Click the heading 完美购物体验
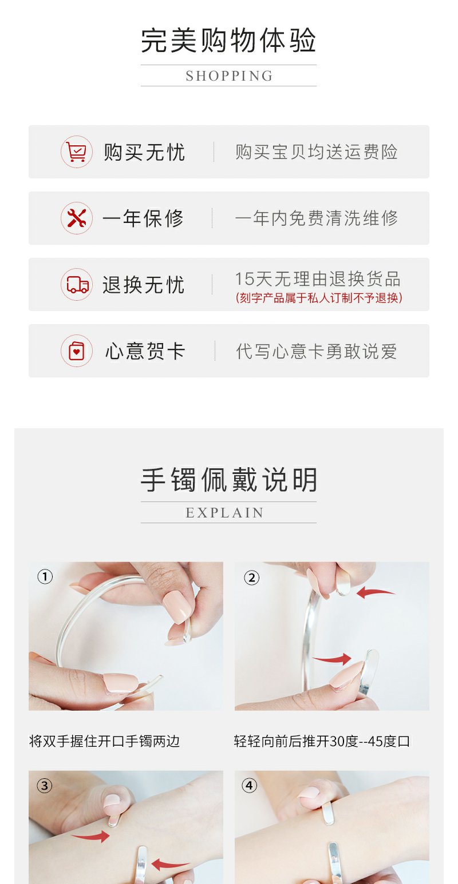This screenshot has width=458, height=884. [228, 40]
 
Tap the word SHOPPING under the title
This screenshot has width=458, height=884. [229, 76]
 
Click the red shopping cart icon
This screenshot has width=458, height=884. [76, 152]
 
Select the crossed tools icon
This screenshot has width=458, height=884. [76, 218]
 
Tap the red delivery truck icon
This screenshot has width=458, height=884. [76, 284]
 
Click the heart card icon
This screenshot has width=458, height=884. [76, 351]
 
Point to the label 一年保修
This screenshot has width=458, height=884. [143, 218]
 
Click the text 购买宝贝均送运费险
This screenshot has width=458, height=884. [316, 152]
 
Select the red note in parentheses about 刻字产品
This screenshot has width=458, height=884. [318, 297]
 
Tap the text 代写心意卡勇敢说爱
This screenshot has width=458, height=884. [316, 351]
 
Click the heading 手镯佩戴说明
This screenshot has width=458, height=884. [228, 480]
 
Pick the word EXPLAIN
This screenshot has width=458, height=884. [224, 513]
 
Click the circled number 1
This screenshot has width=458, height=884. [45, 577]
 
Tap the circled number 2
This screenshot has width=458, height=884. [252, 578]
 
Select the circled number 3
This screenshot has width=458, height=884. [44, 786]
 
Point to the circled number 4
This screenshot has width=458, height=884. [249, 785]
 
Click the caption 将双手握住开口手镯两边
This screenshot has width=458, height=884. [104, 741]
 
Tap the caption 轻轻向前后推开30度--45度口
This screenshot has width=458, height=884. [322, 741]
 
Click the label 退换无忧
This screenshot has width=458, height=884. [143, 285]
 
